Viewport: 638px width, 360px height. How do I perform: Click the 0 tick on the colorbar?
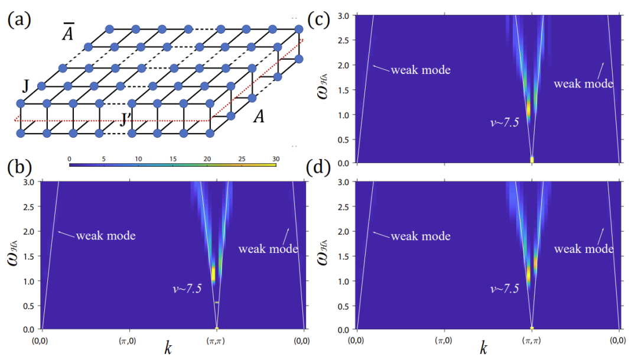[x=70, y=160]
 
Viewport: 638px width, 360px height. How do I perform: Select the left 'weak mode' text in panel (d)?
[x=421, y=236]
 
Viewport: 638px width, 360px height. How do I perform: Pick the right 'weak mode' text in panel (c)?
[x=583, y=83]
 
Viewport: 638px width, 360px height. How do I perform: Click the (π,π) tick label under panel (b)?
[x=217, y=341]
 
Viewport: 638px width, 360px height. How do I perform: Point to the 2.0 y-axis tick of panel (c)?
[x=346, y=64]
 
